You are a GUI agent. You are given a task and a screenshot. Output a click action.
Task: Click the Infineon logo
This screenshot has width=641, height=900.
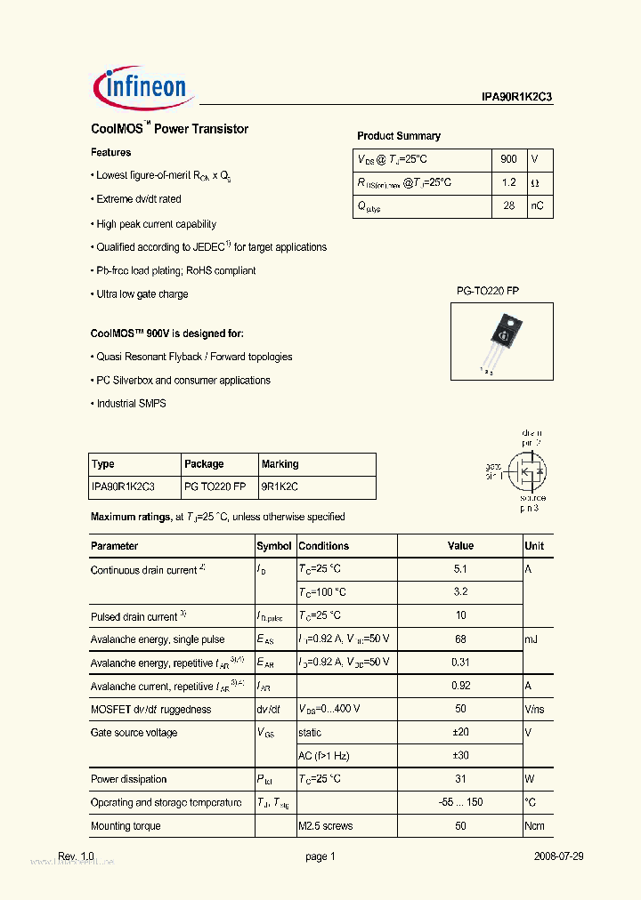click(141, 85)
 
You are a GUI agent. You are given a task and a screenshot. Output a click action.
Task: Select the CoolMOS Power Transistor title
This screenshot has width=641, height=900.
click(170, 129)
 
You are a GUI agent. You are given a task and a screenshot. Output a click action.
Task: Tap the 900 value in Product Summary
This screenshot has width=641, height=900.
click(508, 159)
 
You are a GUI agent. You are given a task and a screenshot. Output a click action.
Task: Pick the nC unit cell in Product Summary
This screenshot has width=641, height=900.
click(538, 205)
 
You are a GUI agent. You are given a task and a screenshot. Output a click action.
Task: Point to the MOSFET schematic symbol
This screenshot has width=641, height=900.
click(527, 470)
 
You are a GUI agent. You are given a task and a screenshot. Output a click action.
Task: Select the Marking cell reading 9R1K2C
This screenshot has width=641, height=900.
click(280, 486)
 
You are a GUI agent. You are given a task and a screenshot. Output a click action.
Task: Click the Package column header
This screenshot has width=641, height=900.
click(204, 464)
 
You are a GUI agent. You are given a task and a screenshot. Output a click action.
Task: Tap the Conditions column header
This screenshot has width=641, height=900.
click(324, 546)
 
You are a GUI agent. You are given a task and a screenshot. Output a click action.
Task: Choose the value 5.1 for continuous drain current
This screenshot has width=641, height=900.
click(460, 569)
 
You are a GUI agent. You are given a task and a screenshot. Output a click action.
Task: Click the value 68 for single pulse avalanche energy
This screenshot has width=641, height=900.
click(460, 639)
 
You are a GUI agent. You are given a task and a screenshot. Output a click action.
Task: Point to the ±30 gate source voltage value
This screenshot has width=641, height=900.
click(460, 756)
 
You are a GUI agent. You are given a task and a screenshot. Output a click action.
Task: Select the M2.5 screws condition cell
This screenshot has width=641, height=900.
click(326, 826)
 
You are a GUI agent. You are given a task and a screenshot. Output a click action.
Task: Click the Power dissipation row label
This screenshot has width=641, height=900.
click(129, 779)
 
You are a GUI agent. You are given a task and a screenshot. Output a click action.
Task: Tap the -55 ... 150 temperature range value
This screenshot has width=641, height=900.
click(460, 802)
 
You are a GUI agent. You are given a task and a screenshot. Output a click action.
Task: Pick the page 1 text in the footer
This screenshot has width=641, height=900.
click(320, 856)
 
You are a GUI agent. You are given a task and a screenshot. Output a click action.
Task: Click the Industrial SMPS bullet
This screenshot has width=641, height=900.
click(131, 404)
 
